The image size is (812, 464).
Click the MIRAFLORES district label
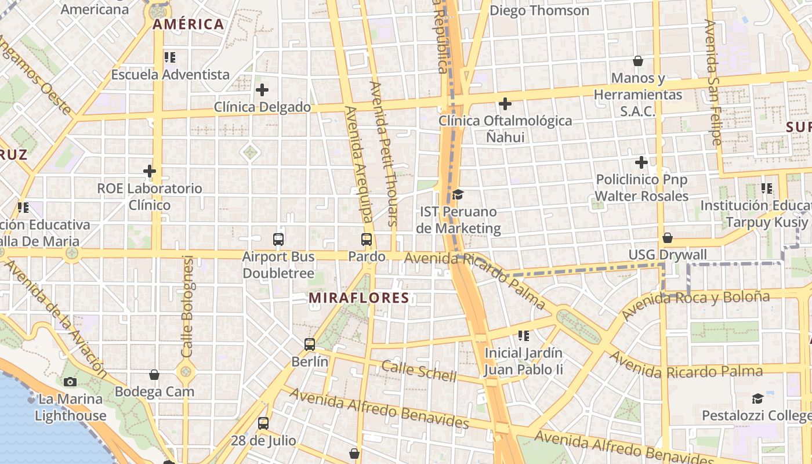(358, 298)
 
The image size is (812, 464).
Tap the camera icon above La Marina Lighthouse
(70, 382)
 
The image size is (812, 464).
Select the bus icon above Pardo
(367, 239)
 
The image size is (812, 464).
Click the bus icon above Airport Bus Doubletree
(278, 239)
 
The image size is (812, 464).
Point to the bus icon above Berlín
(310, 345)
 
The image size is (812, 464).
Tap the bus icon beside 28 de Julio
(263, 423)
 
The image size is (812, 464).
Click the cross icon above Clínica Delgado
(262, 90)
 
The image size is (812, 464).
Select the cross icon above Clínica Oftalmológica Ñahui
(505, 104)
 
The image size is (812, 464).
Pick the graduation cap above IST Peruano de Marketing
(458, 194)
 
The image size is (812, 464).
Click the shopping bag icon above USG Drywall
(668, 238)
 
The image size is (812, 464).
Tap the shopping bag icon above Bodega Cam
(154, 375)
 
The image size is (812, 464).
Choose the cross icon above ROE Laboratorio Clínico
(150, 171)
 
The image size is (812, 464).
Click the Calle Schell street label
(419, 371)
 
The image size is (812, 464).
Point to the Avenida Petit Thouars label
(384, 153)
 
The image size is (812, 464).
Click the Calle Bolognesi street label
(187, 306)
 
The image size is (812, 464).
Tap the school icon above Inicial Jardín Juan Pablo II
(524, 335)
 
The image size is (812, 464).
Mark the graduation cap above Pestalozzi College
(757, 398)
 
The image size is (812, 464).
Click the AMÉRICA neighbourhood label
(188, 24)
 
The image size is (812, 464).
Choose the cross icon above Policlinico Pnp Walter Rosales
(641, 162)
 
